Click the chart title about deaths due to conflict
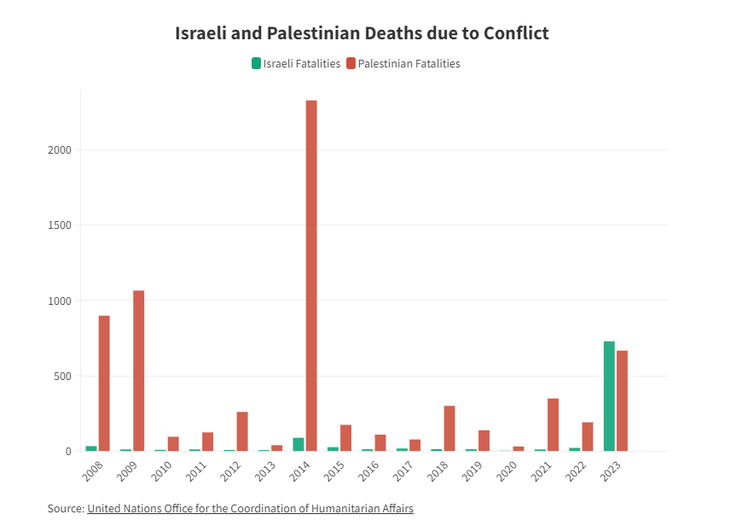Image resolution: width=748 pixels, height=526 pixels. click(x=362, y=33)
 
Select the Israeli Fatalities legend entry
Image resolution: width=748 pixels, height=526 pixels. click(x=296, y=63)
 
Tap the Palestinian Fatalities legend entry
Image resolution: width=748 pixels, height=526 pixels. click(x=403, y=63)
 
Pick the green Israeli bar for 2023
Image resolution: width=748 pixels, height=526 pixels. click(x=609, y=396)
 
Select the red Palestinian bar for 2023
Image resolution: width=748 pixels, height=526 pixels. click(x=623, y=400)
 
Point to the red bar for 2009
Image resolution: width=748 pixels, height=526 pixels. click(x=139, y=371)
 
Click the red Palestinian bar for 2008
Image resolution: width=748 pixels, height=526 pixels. click(x=104, y=383)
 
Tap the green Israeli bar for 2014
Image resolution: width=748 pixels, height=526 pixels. click(x=299, y=444)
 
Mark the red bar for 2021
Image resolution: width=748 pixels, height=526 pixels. click(x=553, y=424)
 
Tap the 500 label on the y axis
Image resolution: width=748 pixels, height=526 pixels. click(x=62, y=376)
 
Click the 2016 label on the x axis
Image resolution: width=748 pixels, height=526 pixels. click(x=368, y=471)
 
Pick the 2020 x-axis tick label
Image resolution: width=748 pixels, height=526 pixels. click(x=507, y=471)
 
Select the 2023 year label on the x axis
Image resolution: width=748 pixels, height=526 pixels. click(x=611, y=471)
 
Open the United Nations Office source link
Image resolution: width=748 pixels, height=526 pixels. click(x=250, y=508)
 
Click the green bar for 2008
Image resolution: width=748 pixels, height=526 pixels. click(x=91, y=448)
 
